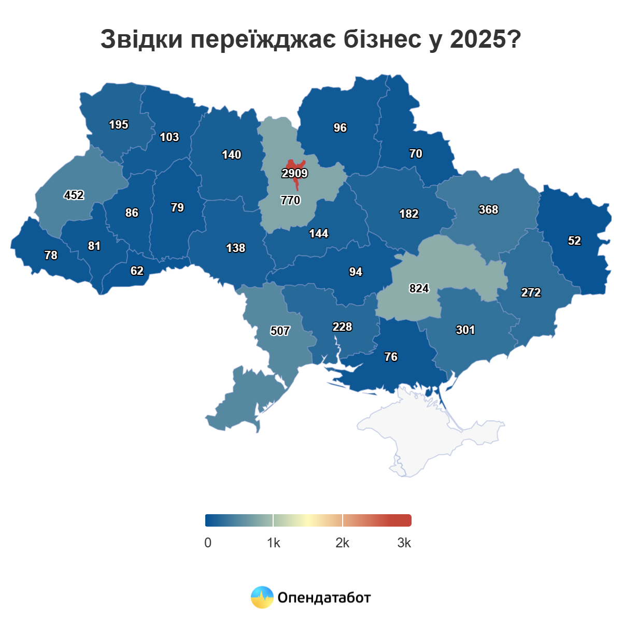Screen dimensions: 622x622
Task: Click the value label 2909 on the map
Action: (294, 173)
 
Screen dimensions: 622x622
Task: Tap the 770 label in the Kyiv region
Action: (290, 200)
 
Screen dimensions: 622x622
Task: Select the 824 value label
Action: (419, 288)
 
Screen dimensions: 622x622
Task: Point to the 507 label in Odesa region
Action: (280, 331)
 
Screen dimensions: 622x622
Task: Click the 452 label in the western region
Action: (74, 195)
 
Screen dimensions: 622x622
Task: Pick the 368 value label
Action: (488, 209)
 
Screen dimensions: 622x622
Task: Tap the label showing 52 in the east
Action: (574, 241)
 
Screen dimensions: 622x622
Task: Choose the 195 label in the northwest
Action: (118, 124)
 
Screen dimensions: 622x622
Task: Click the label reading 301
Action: (465, 330)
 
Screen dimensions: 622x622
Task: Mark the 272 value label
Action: (531, 292)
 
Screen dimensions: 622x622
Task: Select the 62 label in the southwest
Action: (137, 271)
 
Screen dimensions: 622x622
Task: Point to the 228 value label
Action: (342, 327)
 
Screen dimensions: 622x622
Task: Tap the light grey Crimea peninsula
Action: (425, 430)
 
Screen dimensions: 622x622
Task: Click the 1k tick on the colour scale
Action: (273, 543)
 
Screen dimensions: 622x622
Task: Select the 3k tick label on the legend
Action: (404, 543)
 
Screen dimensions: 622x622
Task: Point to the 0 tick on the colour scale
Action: (208, 543)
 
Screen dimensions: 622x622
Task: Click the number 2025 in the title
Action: (476, 39)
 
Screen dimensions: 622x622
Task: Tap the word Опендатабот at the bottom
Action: (324, 598)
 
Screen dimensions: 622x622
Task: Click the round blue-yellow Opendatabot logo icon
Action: (262, 597)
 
